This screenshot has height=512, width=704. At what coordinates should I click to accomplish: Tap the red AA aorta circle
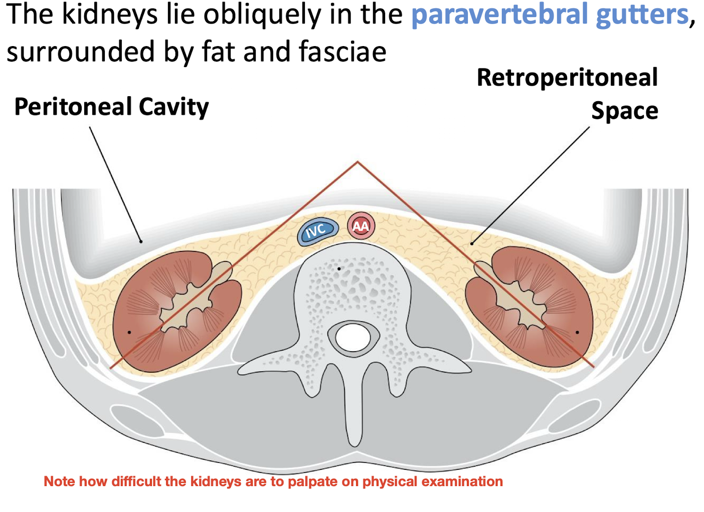tap(361, 226)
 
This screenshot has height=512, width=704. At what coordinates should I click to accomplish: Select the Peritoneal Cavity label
tap(111, 107)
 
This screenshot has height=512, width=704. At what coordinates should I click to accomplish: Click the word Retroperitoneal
tap(567, 78)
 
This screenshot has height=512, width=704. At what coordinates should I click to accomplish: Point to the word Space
tap(624, 111)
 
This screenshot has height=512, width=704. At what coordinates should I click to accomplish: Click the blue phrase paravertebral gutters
tap(550, 15)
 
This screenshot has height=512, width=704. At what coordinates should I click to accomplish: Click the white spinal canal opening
tap(353, 337)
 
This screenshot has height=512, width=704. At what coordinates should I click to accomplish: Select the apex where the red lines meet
tap(358, 162)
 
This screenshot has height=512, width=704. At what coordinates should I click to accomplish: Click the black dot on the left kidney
tap(129, 332)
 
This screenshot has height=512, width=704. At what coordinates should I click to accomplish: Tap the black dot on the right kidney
tap(577, 332)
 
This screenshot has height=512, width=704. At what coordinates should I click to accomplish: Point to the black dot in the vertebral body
tap(339, 269)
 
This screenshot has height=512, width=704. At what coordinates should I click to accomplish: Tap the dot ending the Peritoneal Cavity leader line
tap(141, 241)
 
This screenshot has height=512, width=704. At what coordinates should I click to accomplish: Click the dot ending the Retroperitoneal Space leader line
tap(472, 244)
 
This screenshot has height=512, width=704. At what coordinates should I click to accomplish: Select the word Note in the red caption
tap(59, 481)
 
